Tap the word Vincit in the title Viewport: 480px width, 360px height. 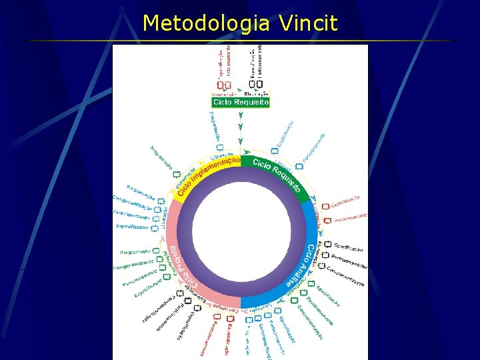pyautogui.click(x=309, y=23)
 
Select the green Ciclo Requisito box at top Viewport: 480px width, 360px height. pyautogui.click(x=240, y=103)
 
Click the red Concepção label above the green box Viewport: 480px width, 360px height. pyautogui.click(x=223, y=94)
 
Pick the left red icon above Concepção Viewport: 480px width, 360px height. pyautogui.click(x=220, y=85)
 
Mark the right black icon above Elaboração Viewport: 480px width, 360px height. pyautogui.click(x=260, y=84)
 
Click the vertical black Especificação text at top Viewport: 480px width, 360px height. pyautogui.click(x=253, y=63)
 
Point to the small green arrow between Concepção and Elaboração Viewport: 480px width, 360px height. pyautogui.click(x=239, y=94)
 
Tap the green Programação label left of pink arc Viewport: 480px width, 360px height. pyautogui.click(x=135, y=252)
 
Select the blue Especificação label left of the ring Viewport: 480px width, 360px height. pyautogui.click(x=132, y=227)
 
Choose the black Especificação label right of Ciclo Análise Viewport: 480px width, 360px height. pyautogui.click(x=348, y=248)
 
